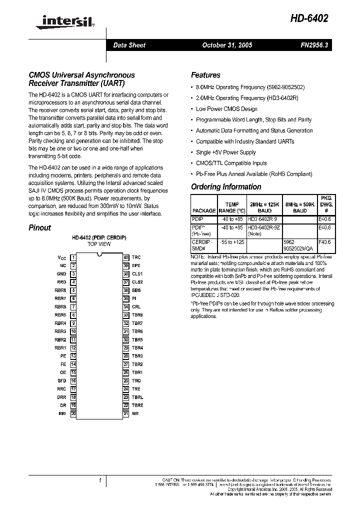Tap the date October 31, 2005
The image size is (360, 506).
click(227, 45)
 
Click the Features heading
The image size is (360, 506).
click(205, 75)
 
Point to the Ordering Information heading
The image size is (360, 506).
click(226, 187)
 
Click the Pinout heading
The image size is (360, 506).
click(39, 227)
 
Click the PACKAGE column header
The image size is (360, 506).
click(204, 211)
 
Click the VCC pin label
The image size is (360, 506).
click(62, 257)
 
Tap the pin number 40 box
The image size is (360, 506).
click(126, 257)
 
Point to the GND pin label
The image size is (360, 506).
click(61, 274)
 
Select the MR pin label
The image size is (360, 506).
click(135, 414)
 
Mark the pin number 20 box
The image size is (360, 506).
click(73, 414)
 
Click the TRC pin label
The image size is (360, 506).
click(136, 257)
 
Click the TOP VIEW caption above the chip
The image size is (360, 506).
click(99, 244)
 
